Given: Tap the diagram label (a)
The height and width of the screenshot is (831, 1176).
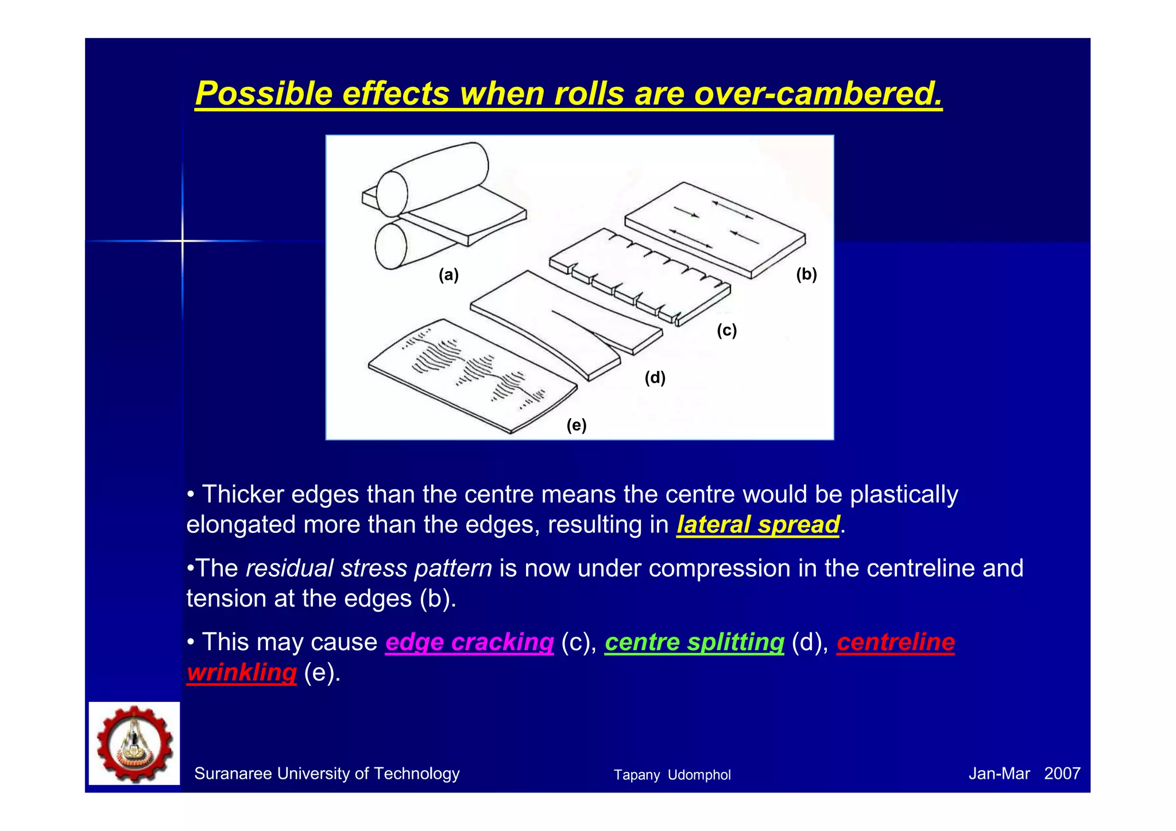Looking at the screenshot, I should (448, 275).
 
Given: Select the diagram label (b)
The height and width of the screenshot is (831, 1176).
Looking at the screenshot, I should (806, 275).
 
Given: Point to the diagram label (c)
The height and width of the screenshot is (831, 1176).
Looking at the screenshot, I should (726, 330).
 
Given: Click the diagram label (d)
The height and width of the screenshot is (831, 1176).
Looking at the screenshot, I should (655, 378).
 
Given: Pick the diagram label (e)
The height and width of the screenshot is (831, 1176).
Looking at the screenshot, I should (576, 426).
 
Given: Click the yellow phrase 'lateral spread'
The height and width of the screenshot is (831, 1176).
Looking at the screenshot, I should (758, 525).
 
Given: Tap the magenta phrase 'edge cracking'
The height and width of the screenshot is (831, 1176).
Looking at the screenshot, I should (469, 642).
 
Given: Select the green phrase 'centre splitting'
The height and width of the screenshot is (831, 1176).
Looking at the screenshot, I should (694, 642).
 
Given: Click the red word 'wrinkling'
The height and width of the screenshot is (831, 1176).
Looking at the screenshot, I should (242, 672).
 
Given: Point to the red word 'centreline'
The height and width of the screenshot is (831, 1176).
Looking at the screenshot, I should (895, 642).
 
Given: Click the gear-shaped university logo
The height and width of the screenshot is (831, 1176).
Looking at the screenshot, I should (134, 743).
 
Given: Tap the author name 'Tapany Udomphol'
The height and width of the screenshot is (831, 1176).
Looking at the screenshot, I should (672, 775).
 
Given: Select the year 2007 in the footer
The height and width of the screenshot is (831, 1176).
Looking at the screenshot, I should (1062, 774).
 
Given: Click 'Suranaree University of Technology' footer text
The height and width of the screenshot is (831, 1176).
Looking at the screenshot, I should (327, 774).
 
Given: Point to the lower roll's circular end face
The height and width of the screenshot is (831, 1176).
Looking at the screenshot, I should (390, 246).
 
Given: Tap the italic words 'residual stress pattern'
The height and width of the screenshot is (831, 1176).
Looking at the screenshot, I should (369, 569).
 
